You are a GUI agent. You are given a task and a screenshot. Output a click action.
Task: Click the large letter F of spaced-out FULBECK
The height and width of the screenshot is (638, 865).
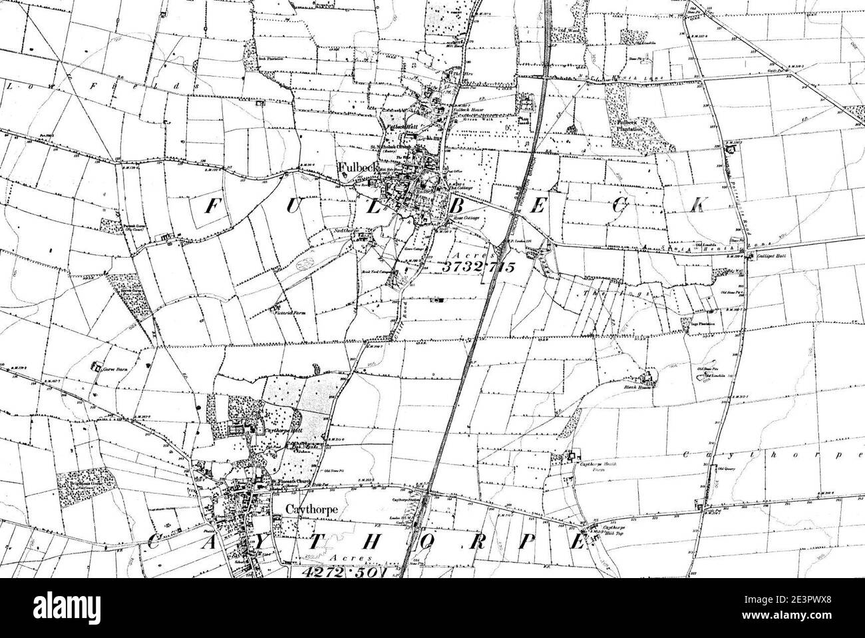click(211, 207)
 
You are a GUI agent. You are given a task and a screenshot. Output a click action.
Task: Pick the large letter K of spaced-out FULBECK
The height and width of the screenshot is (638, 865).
click(696, 205)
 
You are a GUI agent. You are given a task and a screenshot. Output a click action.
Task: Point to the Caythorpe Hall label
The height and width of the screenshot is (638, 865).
click(271, 431)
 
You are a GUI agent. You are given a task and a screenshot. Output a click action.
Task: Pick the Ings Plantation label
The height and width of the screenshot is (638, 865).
click(696, 324)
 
